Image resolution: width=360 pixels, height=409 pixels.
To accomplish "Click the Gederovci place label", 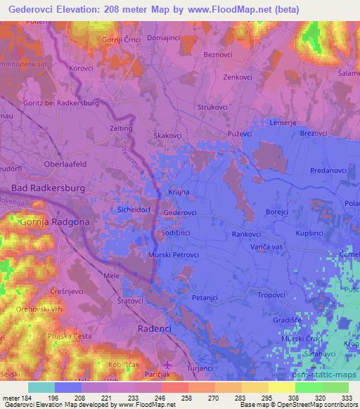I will click(x=179, y=212).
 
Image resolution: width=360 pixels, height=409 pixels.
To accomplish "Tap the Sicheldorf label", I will click(x=132, y=210).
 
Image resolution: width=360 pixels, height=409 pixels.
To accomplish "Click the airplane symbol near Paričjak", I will click(x=166, y=365).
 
